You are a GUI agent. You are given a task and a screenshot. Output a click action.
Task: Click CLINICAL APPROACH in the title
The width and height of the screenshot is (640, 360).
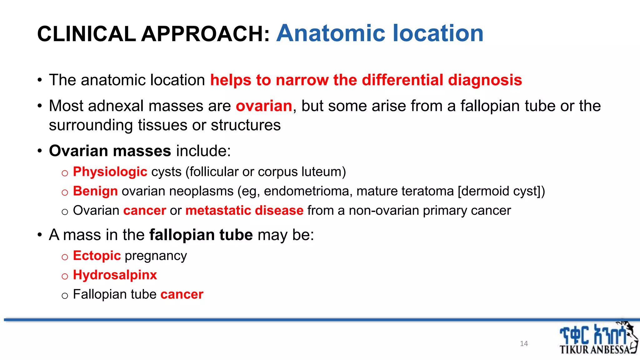pyautogui.click(x=153, y=34)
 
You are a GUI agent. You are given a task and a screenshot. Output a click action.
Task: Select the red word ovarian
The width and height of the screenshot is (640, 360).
pyautogui.click(x=264, y=106)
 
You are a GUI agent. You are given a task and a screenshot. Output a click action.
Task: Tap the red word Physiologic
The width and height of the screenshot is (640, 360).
pyautogui.click(x=110, y=172)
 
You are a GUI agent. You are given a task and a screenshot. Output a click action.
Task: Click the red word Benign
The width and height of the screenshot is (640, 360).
pyautogui.click(x=95, y=191)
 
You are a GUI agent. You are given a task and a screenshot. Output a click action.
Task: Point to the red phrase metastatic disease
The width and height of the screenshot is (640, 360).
pyautogui.click(x=244, y=211)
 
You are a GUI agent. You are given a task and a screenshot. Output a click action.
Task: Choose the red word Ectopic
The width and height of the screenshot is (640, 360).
pyautogui.click(x=97, y=256)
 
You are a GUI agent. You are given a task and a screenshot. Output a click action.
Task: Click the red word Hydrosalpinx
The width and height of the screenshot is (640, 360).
pyautogui.click(x=115, y=275)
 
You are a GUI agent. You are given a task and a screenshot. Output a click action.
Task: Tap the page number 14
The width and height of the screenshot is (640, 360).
pyautogui.click(x=524, y=343)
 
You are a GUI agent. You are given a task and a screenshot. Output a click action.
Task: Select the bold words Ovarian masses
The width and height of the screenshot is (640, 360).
pyautogui.click(x=110, y=151)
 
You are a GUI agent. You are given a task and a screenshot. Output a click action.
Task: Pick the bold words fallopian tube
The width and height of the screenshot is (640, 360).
pyautogui.click(x=201, y=235)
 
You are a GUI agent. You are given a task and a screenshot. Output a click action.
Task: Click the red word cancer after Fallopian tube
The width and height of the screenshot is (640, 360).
pyautogui.click(x=182, y=294)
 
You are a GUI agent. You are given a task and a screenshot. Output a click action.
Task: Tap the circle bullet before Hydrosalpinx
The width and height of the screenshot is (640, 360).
pyautogui.click(x=65, y=276)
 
